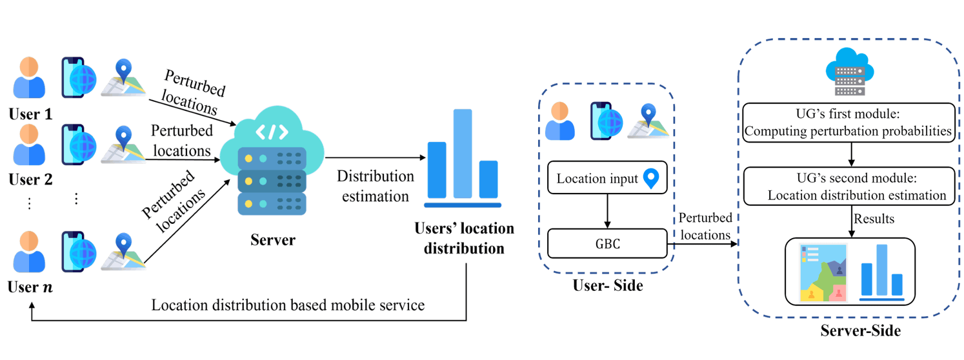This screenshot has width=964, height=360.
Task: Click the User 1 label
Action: pos(30,115)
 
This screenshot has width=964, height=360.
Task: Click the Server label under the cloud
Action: pos(273,241)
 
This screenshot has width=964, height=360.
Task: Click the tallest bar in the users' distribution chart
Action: pos(463,153)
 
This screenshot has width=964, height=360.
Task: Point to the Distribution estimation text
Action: pos(376,186)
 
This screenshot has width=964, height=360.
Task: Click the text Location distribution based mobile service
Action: pos(288,305)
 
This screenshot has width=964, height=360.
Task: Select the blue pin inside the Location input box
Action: pos(654,179)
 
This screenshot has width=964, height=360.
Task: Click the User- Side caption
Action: pos(608,285)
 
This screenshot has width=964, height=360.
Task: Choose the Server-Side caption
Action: pos(860,332)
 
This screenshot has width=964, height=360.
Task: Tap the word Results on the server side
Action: pos(874,219)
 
